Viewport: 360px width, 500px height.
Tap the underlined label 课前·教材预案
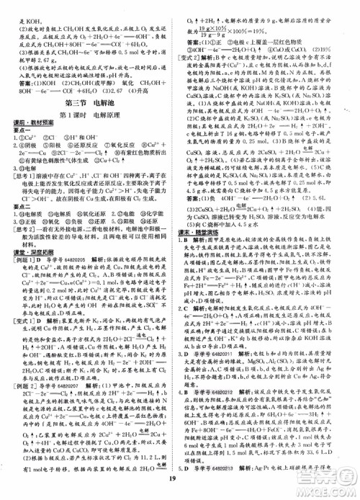pyautogui.click(x=29, y=124)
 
